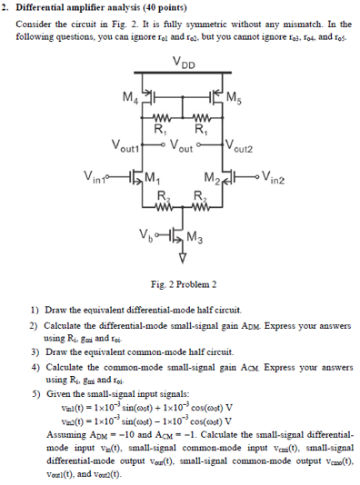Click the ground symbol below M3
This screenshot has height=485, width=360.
point(182,262)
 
